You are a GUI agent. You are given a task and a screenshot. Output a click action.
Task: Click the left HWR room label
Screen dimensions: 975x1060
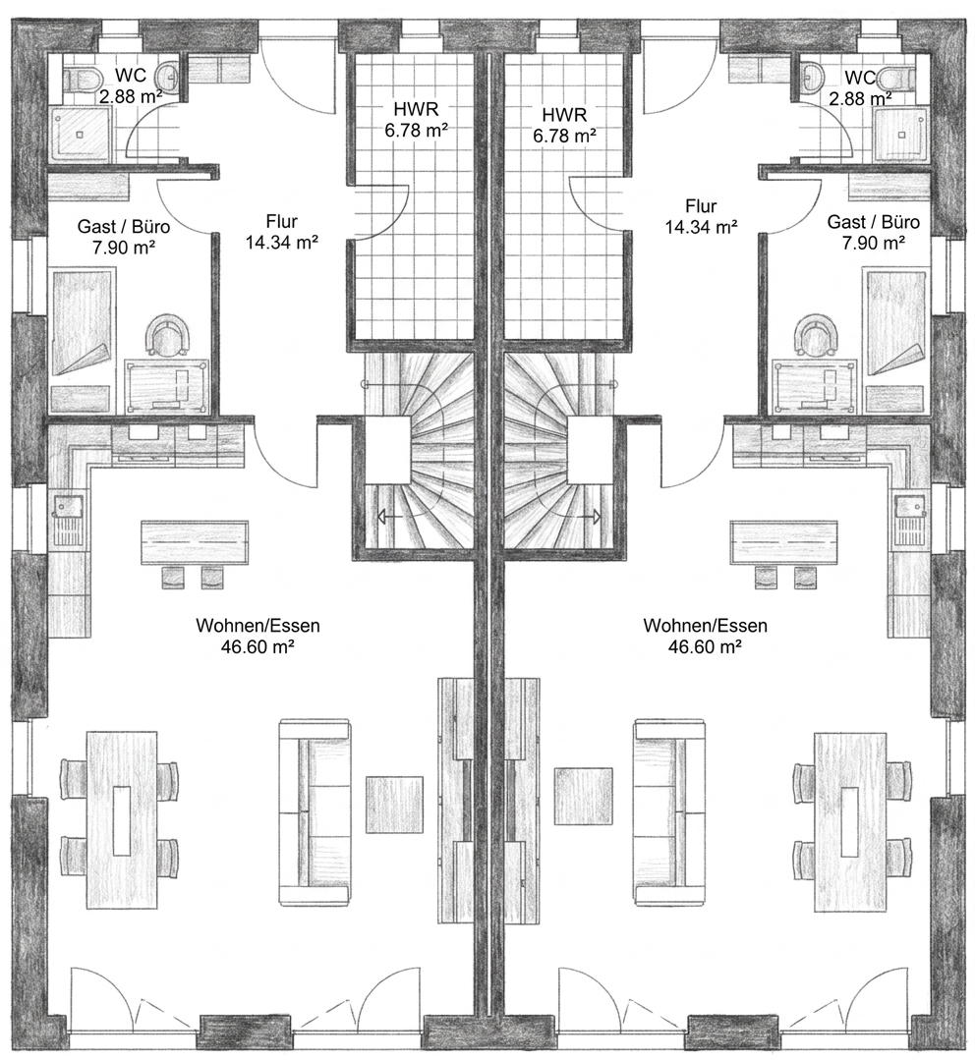pyautogui.click(x=417, y=119)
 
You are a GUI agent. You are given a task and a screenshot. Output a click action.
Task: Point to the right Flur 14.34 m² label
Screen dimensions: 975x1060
pyautogui.click(x=701, y=216)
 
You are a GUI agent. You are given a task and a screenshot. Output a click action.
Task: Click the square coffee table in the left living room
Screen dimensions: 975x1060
pyautogui.click(x=395, y=805)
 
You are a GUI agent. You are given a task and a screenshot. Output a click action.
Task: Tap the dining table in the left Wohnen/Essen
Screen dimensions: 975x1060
pyautogui.click(x=122, y=820)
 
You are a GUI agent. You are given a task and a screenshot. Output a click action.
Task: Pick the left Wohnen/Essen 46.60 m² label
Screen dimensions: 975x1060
pyautogui.click(x=258, y=637)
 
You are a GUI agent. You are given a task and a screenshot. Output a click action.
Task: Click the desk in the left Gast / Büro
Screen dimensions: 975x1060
pyautogui.click(x=167, y=385)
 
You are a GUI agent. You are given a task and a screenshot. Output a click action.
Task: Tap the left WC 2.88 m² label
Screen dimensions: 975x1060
pyautogui.click(x=131, y=85)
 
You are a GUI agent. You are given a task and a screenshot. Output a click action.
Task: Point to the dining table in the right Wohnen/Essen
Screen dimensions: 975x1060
pyautogui.click(x=850, y=820)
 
